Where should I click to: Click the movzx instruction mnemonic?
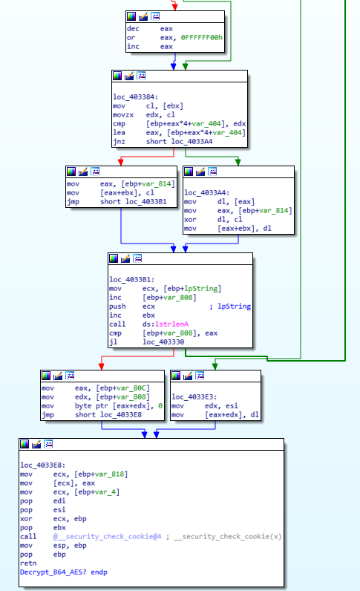(123, 114)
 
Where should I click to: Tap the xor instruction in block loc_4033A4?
(191, 218)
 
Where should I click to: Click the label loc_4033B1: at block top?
(131, 279)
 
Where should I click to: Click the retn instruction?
(28, 563)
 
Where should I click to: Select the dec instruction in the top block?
(134, 27)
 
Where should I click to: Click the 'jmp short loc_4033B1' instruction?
(108, 201)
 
